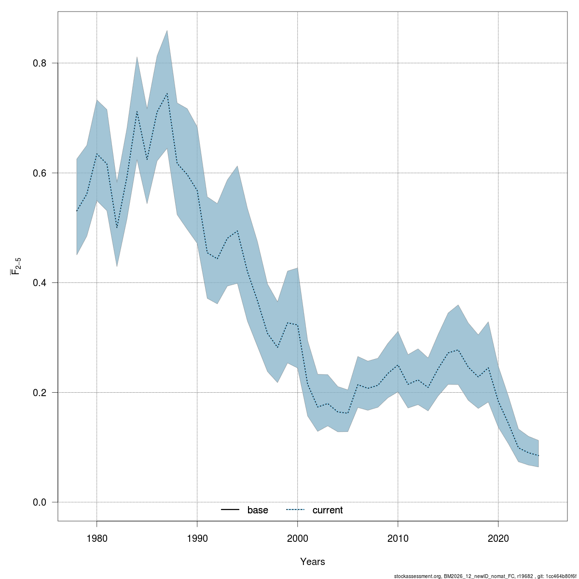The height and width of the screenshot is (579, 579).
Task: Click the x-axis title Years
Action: point(313,562)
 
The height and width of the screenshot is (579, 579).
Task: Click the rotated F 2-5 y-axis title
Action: point(16,266)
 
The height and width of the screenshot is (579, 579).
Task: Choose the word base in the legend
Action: point(258,510)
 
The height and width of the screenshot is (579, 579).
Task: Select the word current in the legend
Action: point(328,510)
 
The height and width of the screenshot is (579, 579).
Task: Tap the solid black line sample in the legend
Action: point(231,510)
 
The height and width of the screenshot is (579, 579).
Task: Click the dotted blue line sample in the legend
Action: point(296,510)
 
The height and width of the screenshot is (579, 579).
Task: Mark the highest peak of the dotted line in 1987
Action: point(167,94)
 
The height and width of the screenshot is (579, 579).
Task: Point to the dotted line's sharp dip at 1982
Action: point(117,228)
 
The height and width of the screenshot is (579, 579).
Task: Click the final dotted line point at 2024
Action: point(538,455)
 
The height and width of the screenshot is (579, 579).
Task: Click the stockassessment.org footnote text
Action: point(485,576)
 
